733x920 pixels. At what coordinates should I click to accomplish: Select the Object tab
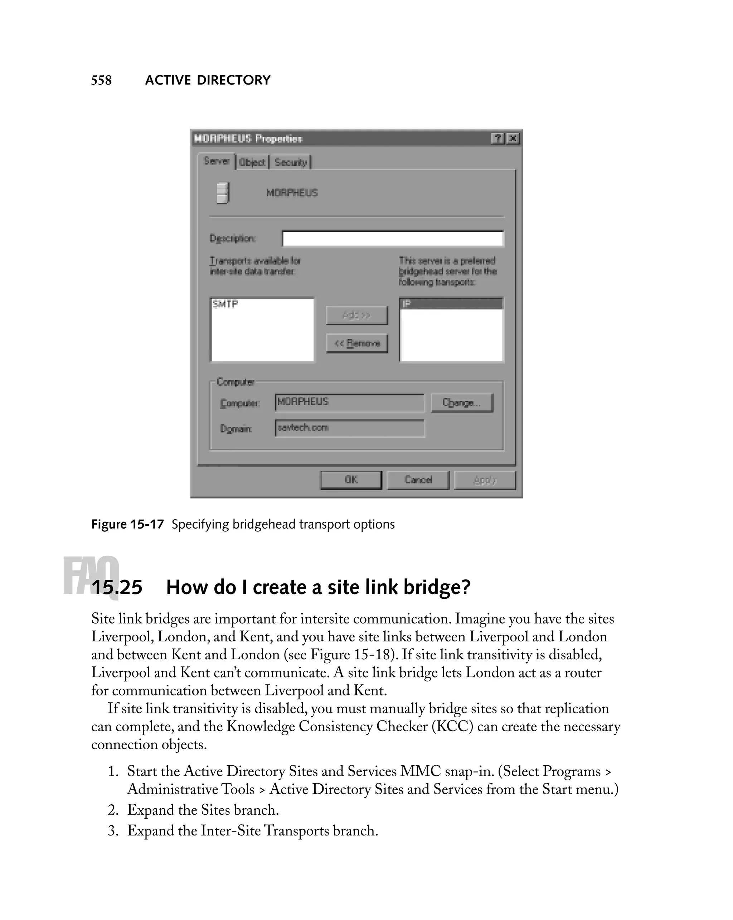pyautogui.click(x=252, y=162)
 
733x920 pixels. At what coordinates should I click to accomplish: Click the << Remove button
pyautogui.click(x=357, y=343)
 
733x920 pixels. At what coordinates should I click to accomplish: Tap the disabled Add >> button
pyautogui.click(x=357, y=316)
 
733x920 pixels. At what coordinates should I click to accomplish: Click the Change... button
pyautogui.click(x=461, y=403)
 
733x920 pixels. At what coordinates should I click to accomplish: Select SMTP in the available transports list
pyautogui.click(x=225, y=304)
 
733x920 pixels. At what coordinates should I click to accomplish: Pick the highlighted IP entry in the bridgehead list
pyautogui.click(x=451, y=303)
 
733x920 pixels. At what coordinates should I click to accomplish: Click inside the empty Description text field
pyautogui.click(x=392, y=239)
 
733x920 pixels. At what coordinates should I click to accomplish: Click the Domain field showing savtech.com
pyautogui.click(x=349, y=428)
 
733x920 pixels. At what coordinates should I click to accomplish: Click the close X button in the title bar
pyautogui.click(x=513, y=138)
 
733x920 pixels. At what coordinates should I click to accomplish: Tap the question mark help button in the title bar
pyautogui.click(x=497, y=138)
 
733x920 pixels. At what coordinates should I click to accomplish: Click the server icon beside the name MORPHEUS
pyautogui.click(x=223, y=193)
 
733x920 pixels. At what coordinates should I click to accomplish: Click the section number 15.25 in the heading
pyautogui.click(x=117, y=587)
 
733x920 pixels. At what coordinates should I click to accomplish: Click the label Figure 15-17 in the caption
pyautogui.click(x=127, y=524)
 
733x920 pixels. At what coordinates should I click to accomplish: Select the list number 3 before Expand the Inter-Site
pyautogui.click(x=113, y=831)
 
